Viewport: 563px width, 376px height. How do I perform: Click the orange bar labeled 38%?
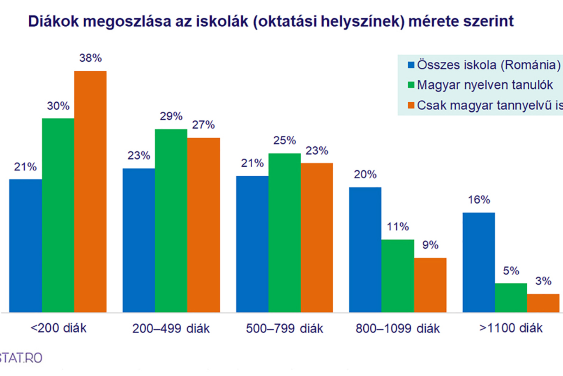(90, 191)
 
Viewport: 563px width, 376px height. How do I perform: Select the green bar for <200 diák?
(58, 215)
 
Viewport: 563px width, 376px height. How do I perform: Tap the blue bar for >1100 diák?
(479, 262)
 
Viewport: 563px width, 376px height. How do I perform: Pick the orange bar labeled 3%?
(543, 303)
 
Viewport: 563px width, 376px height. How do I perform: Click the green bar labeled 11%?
(398, 276)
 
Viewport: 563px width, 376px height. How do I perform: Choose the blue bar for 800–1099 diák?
(365, 250)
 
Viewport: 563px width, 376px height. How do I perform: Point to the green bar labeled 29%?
(171, 221)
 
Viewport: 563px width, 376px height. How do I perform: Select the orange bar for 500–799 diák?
(317, 238)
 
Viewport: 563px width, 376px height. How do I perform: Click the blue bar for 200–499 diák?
(139, 240)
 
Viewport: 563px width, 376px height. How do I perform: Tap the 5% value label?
(511, 271)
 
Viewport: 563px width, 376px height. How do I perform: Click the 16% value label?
(479, 200)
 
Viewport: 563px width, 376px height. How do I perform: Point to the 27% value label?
(203, 125)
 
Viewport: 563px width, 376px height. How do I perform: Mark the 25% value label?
(285, 141)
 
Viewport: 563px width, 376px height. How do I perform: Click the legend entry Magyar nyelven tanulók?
(485, 85)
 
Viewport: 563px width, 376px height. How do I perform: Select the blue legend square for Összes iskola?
(411, 65)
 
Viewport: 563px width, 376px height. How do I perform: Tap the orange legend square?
(411, 105)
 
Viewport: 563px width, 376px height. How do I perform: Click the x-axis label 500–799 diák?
(285, 329)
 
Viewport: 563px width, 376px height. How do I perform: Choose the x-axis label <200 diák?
(59, 328)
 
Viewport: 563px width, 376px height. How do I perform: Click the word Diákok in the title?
(54, 21)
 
